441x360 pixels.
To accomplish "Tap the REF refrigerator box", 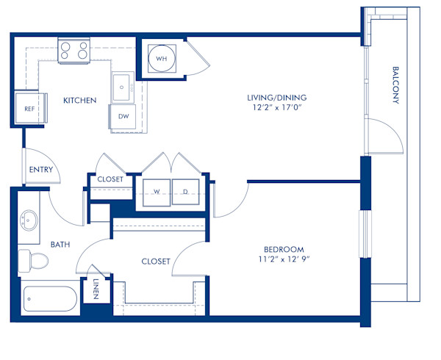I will point(30,108).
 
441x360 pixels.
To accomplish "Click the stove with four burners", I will point(73,50).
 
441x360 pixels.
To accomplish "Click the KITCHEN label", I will point(79,100).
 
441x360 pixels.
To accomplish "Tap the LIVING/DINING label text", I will point(276,97).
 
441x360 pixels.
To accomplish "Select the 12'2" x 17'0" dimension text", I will point(276,108).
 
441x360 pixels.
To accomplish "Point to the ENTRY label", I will point(40,170).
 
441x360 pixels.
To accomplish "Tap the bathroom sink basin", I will point(29,220).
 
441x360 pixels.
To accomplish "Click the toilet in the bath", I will point(33,259).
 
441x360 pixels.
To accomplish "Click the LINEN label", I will point(96,288).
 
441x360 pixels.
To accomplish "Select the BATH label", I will point(60,244).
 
